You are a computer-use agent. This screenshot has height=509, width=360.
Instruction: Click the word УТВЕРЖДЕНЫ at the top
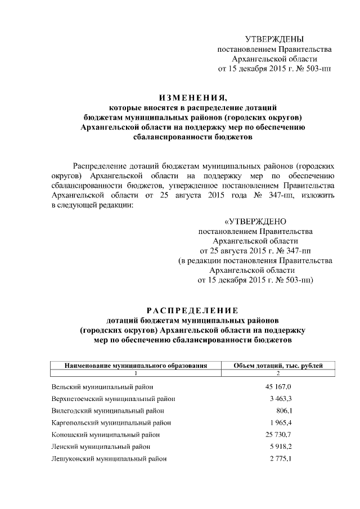click(x=274, y=39)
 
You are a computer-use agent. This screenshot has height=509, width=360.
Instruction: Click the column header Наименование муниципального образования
click(x=136, y=366)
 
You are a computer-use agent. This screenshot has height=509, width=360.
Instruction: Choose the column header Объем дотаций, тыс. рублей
click(x=278, y=366)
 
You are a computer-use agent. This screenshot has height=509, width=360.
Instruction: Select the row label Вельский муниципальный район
click(x=102, y=387)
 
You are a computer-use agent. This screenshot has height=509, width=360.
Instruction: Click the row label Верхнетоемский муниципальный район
click(x=113, y=399)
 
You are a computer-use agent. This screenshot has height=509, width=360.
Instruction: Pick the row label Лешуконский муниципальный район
click(x=109, y=458)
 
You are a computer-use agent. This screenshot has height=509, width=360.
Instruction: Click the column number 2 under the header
click(x=278, y=373)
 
